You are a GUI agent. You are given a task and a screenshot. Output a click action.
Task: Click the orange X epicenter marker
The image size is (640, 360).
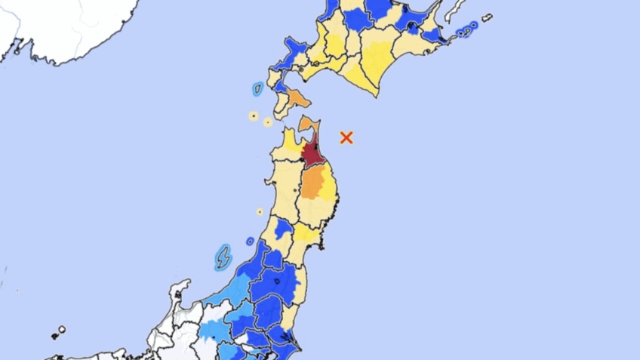click(x=346, y=137)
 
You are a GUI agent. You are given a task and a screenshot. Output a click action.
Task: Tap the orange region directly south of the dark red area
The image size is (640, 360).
click(x=312, y=183)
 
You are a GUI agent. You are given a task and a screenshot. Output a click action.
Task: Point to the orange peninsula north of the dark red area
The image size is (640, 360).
click(x=308, y=123)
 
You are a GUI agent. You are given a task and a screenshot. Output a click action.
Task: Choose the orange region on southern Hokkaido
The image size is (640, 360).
click(x=298, y=98)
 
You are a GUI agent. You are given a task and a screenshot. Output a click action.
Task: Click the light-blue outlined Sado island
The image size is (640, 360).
click(x=223, y=257)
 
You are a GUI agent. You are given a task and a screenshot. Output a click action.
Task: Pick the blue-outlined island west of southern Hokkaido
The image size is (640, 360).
click(x=257, y=89)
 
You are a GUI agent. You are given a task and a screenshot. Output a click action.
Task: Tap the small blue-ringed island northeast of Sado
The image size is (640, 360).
click(x=250, y=242)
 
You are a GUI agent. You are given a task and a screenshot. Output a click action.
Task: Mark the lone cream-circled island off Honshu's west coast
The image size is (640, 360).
click(x=260, y=212)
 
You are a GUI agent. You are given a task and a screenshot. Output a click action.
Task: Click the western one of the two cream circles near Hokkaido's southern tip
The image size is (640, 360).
click(x=254, y=115)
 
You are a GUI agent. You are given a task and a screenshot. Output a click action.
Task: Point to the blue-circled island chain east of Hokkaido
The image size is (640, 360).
click(x=467, y=30)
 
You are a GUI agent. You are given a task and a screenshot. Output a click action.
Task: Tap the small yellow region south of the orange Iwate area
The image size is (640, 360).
click(x=306, y=233)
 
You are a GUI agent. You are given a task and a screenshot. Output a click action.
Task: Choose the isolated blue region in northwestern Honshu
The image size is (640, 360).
click(x=284, y=228)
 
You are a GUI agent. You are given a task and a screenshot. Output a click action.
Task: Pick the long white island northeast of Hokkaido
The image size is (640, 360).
click(x=455, y=11)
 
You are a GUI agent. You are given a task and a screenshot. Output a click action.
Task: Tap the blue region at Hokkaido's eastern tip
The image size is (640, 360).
click(x=432, y=35)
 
